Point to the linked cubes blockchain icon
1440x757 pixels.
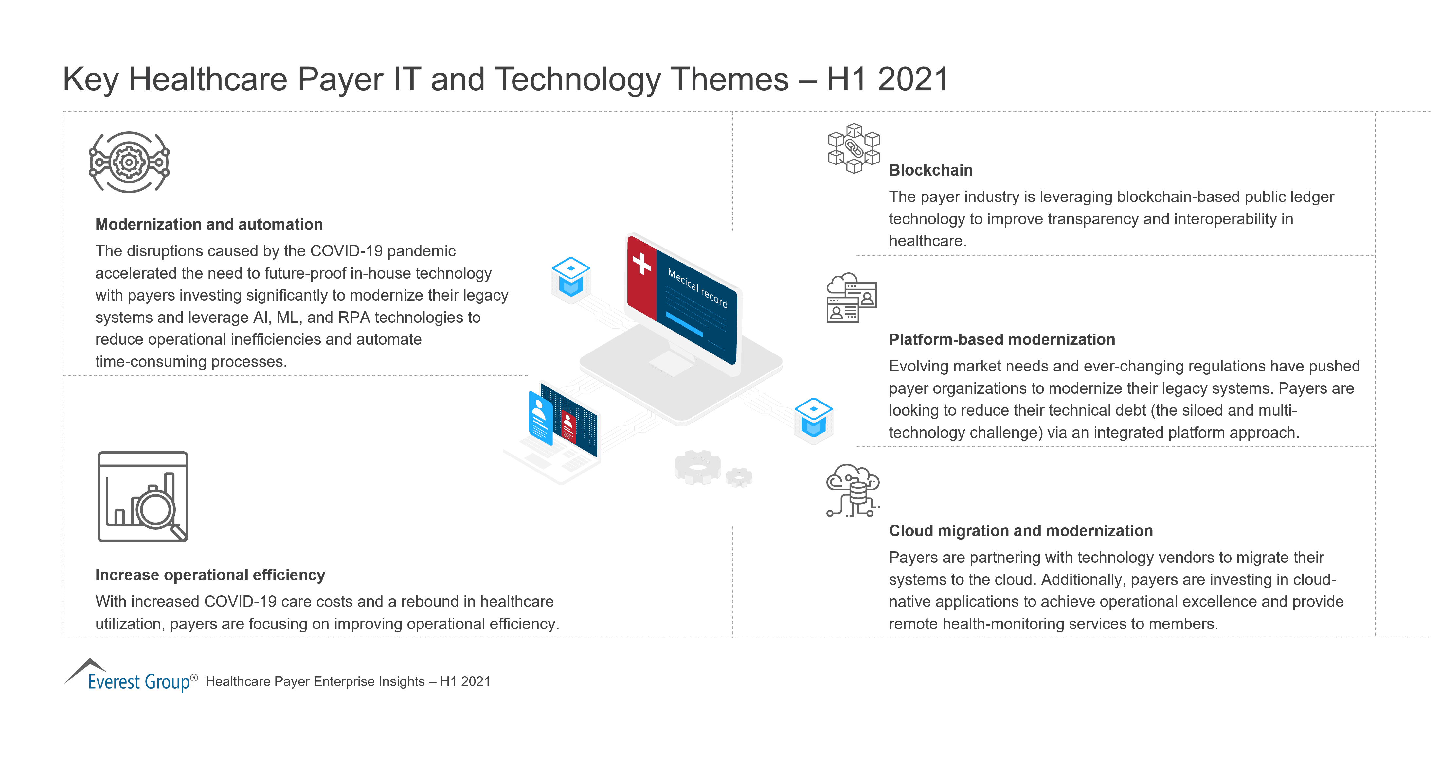854,148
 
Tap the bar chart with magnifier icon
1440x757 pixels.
143,497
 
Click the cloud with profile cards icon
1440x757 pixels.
851,298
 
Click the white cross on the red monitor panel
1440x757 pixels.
642,263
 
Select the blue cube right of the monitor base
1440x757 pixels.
813,418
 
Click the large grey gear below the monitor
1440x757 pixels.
698,467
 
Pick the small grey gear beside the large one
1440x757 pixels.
739,477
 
